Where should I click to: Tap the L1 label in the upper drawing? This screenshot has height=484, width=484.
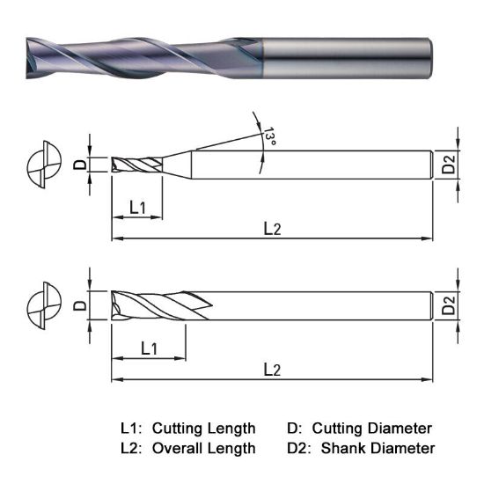tap(137, 208)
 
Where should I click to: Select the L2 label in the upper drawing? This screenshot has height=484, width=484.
tap(273, 228)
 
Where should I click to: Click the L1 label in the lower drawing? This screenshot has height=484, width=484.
tap(149, 348)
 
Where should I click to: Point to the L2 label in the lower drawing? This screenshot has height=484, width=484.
tap(273, 370)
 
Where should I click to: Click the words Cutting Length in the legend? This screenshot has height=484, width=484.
tap(203, 429)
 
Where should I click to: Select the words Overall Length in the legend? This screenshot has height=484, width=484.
tap(203, 448)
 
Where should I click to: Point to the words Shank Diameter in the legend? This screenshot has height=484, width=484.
tap(378, 448)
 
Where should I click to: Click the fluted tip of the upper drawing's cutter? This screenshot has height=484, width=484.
tap(136, 165)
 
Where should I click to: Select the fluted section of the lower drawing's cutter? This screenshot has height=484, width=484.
tap(158, 305)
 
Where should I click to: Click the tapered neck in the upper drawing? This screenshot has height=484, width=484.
tap(177, 165)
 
